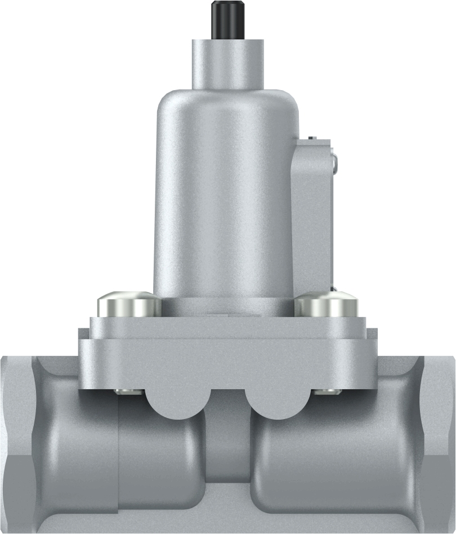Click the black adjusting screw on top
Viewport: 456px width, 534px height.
[x=228, y=20]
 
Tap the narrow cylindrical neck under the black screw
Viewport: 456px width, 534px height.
[x=228, y=64]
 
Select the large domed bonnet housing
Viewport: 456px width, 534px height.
[x=225, y=192]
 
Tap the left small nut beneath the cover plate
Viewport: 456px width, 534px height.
[x=125, y=391]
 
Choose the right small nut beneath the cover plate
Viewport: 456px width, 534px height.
[x=325, y=391]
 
